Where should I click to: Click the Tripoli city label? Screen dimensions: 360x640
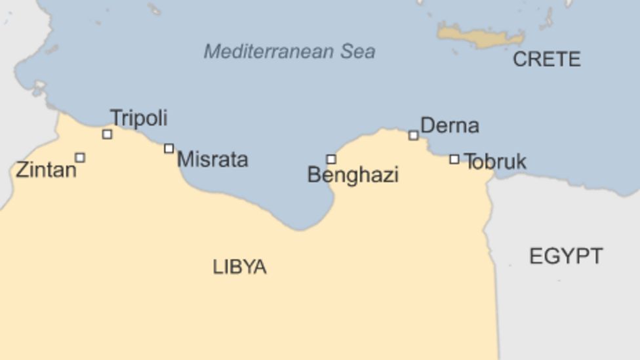[x=138, y=118]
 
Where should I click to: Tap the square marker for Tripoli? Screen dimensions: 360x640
[x=107, y=134]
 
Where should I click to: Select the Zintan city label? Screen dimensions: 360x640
[x=46, y=170]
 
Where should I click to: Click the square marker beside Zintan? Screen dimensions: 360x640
[x=80, y=157]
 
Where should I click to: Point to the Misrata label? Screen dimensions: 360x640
[x=212, y=159]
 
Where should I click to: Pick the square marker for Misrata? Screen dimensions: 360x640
[x=169, y=149]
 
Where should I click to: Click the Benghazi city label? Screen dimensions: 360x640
[x=353, y=175]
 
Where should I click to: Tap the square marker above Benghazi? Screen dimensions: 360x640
[x=331, y=159]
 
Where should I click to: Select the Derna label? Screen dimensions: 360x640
[x=449, y=125]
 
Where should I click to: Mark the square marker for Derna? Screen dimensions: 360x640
[x=413, y=136]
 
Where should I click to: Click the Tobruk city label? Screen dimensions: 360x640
[x=495, y=161]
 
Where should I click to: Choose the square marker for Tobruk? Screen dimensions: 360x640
[x=454, y=159]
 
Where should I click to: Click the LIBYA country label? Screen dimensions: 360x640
[x=239, y=267]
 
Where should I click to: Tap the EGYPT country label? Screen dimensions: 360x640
[x=565, y=256]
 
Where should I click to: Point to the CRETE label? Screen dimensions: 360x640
[x=546, y=60]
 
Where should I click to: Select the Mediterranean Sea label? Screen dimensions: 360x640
[x=289, y=51]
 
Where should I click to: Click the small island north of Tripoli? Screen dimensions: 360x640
[x=154, y=9]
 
